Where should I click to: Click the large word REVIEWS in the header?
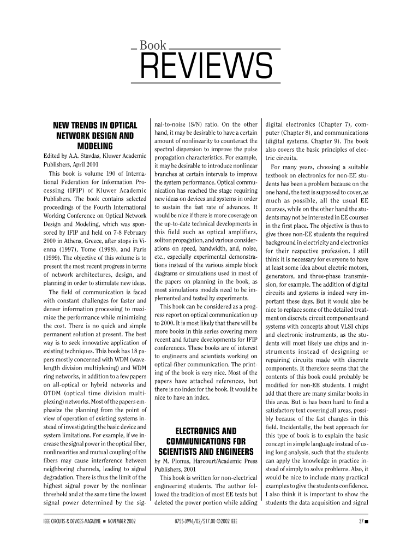coord(207,66)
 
